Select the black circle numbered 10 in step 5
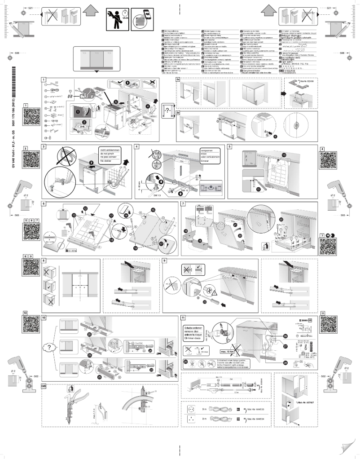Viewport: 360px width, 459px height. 284,155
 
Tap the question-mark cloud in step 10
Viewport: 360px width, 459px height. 46,349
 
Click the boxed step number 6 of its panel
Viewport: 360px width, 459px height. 44,204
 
